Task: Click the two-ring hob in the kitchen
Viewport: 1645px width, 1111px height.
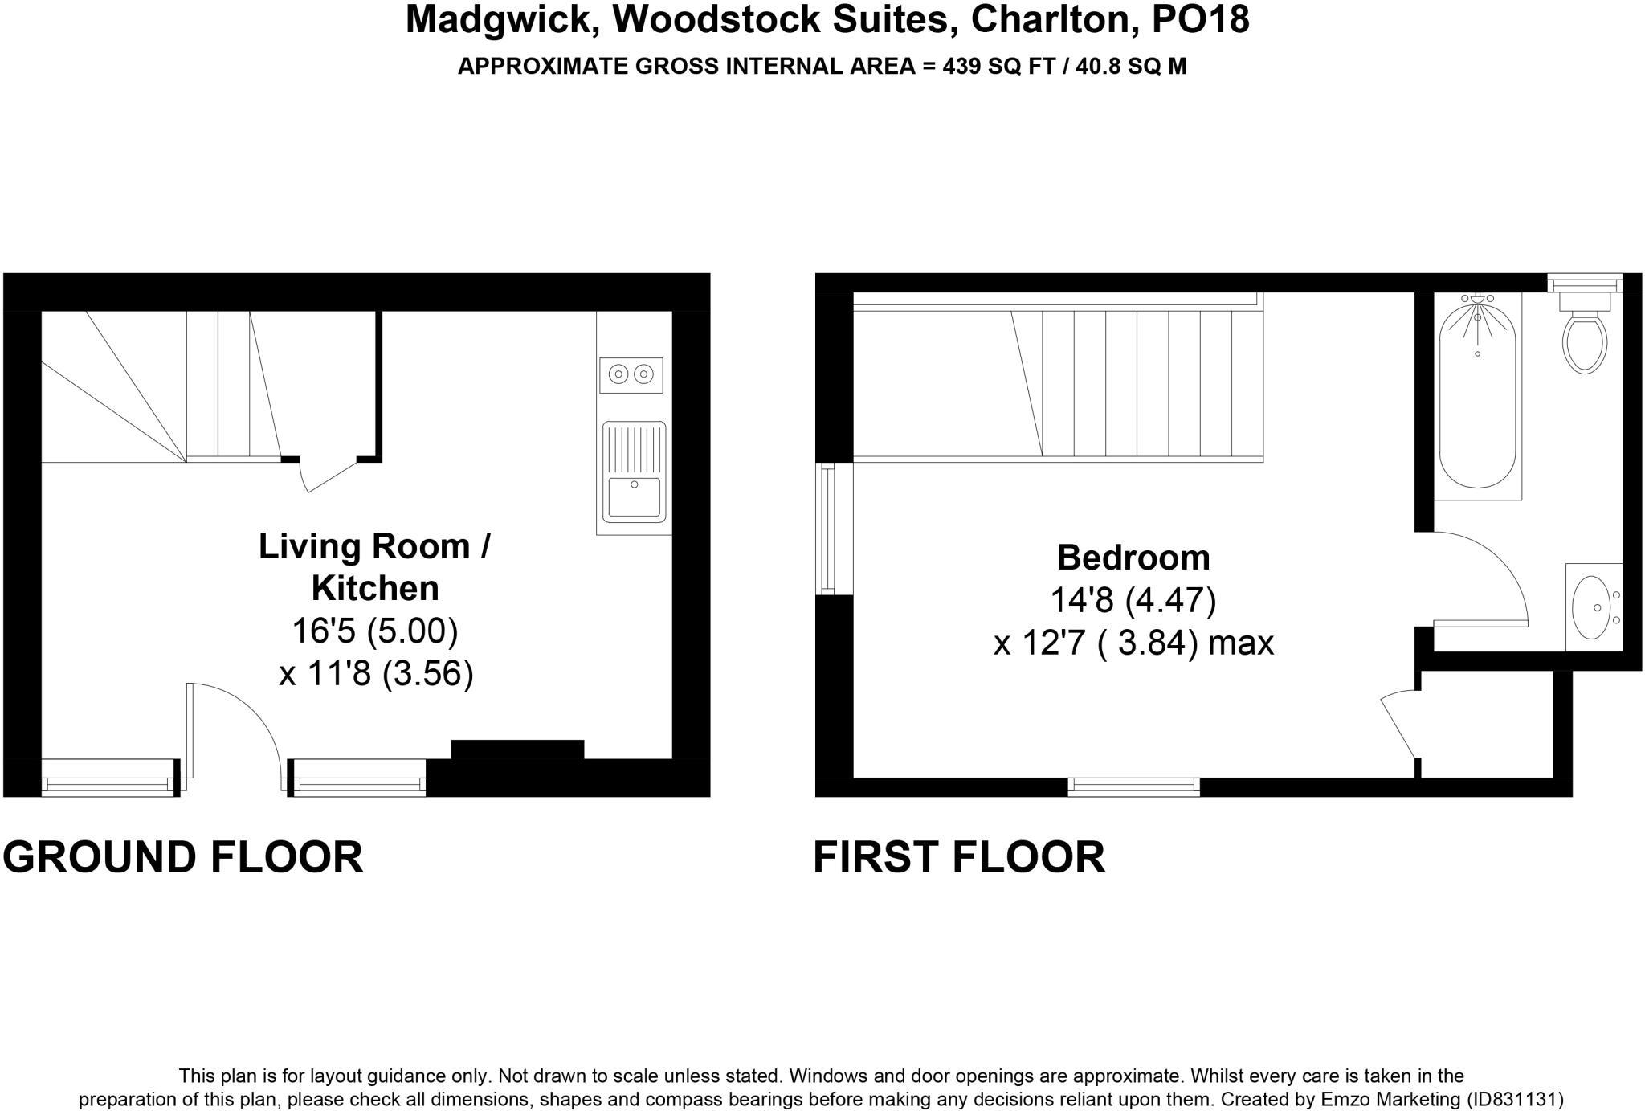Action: tap(631, 374)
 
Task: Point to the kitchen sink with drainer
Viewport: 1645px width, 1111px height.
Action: tap(634, 472)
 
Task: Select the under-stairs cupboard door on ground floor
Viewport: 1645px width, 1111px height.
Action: tap(328, 477)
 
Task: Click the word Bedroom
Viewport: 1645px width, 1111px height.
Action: tap(1133, 558)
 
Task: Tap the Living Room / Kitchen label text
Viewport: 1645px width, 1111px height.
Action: tap(374, 567)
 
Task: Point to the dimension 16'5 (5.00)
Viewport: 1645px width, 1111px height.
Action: tap(374, 631)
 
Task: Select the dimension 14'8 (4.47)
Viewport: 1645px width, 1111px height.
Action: tap(1133, 600)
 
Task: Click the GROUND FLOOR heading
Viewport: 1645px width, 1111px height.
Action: tap(183, 857)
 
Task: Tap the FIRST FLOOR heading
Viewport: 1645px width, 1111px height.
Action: tap(959, 857)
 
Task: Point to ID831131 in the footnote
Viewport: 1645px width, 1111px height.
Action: tap(1514, 1099)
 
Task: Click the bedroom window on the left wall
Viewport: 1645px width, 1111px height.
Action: tap(826, 529)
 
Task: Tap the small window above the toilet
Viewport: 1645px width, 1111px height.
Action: tap(1584, 283)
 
